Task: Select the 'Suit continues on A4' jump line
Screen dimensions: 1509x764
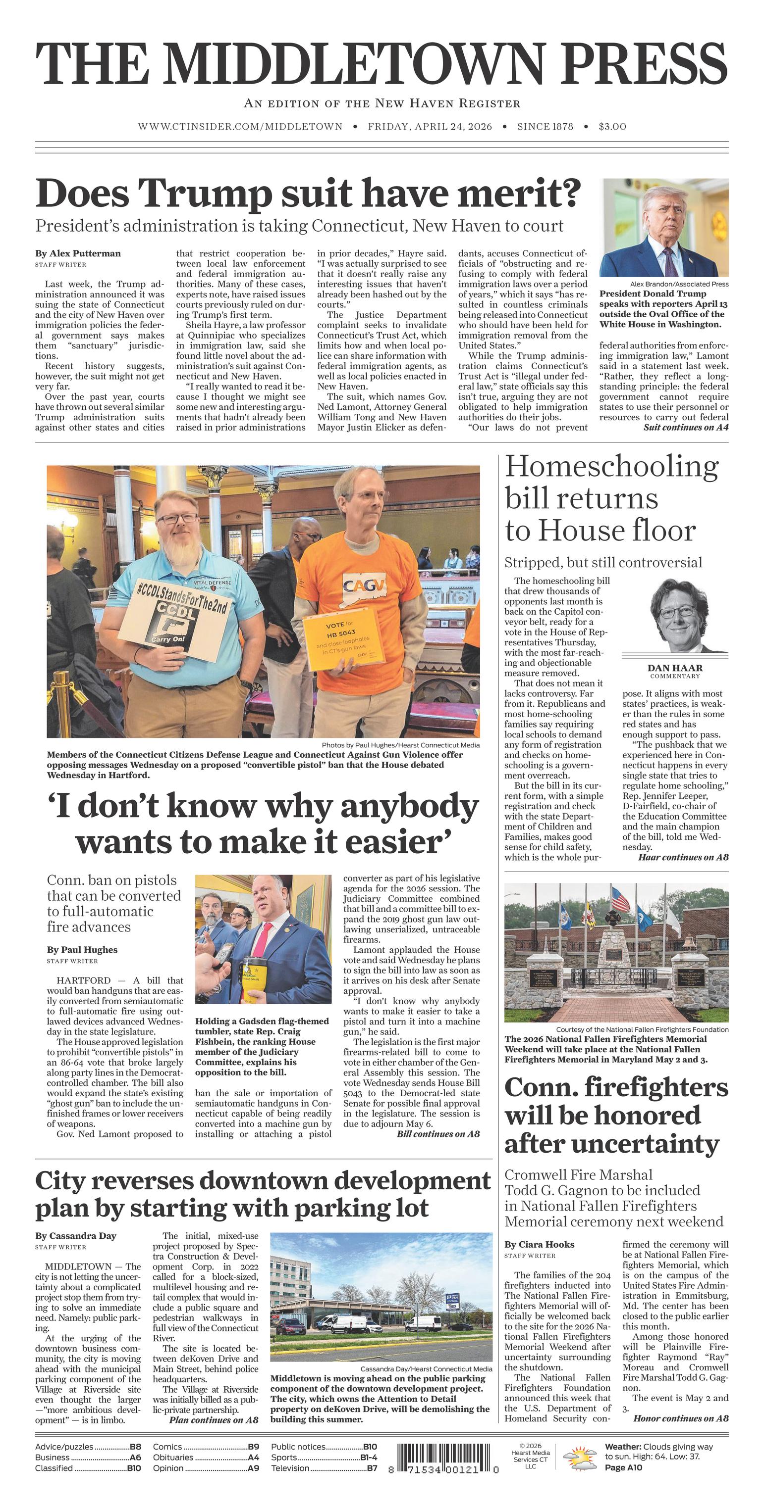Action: tap(685, 428)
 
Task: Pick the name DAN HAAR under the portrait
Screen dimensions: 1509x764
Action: tap(675, 668)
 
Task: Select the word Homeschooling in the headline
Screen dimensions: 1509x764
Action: tap(611, 467)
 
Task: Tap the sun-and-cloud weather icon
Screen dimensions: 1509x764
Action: tap(579, 1458)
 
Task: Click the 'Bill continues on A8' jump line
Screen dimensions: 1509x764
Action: tap(437, 1134)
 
